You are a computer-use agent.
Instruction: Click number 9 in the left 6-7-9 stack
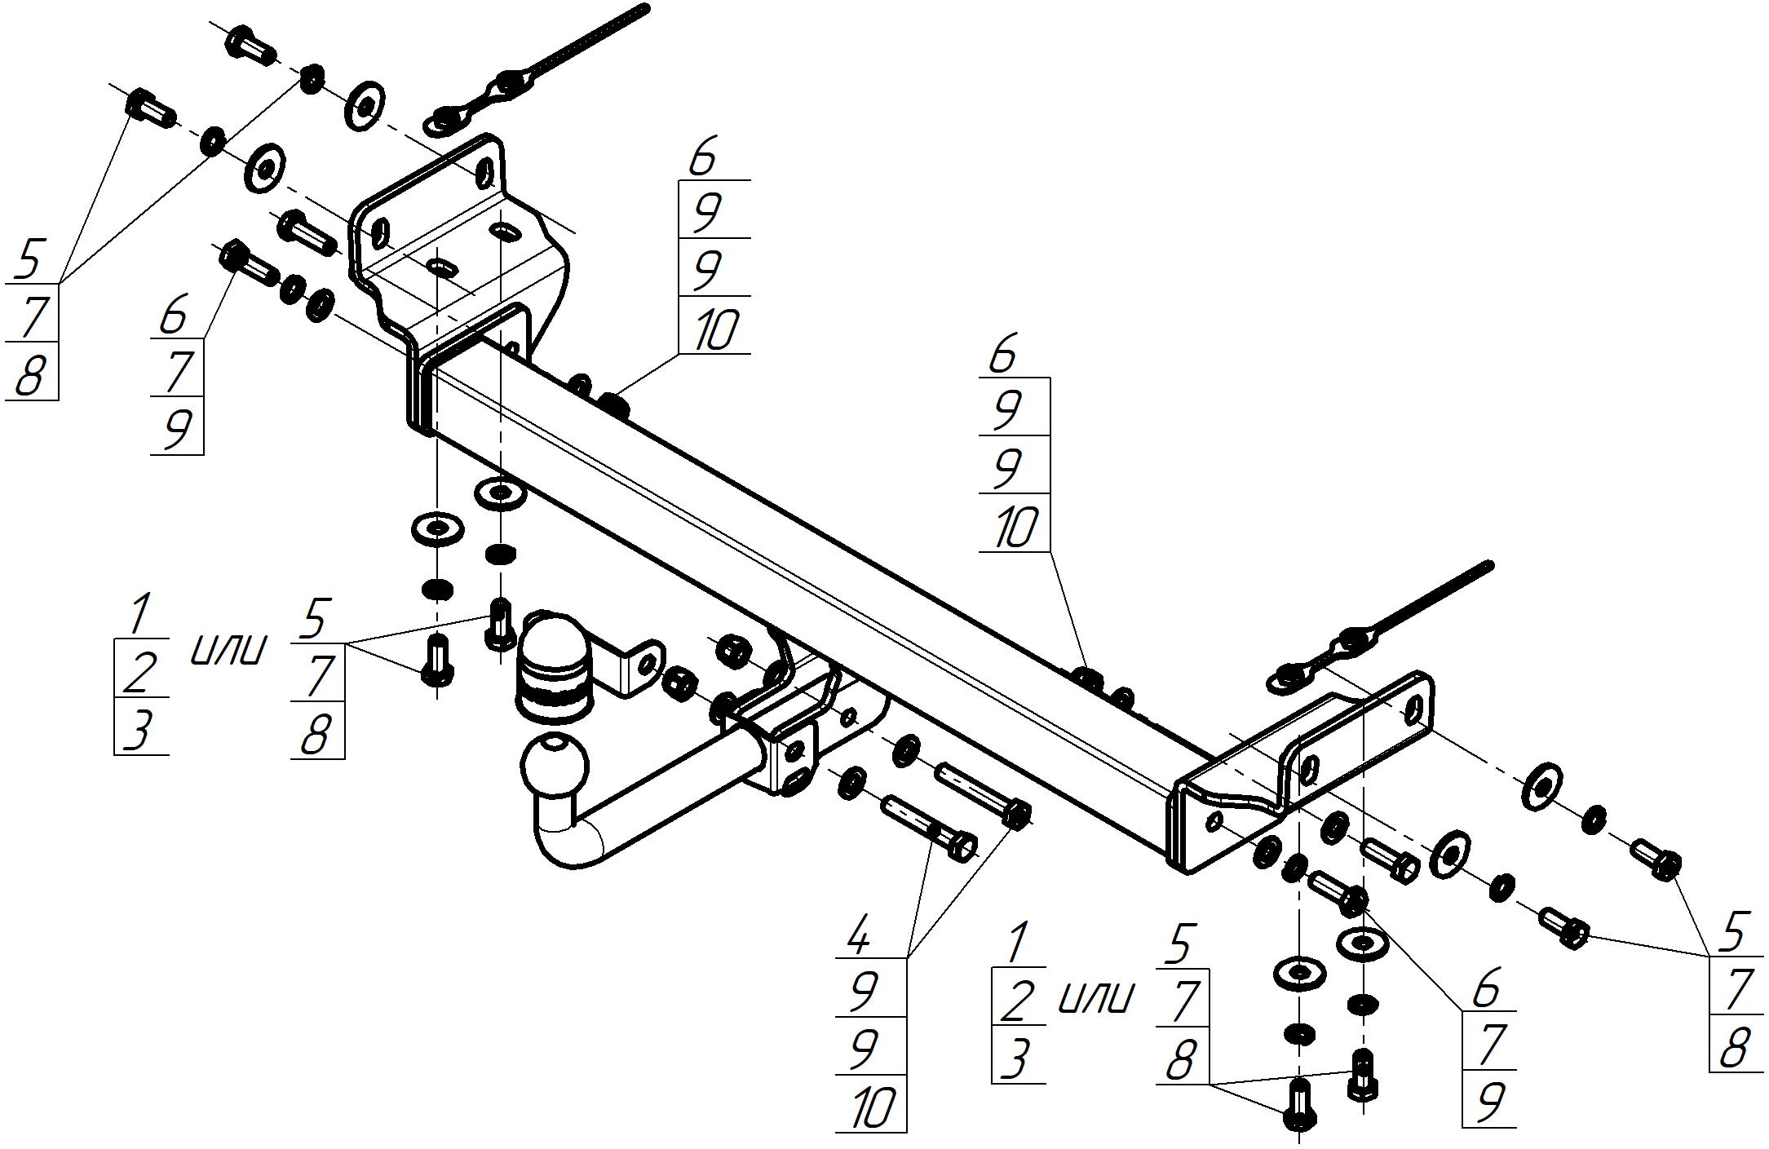tap(176, 430)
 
